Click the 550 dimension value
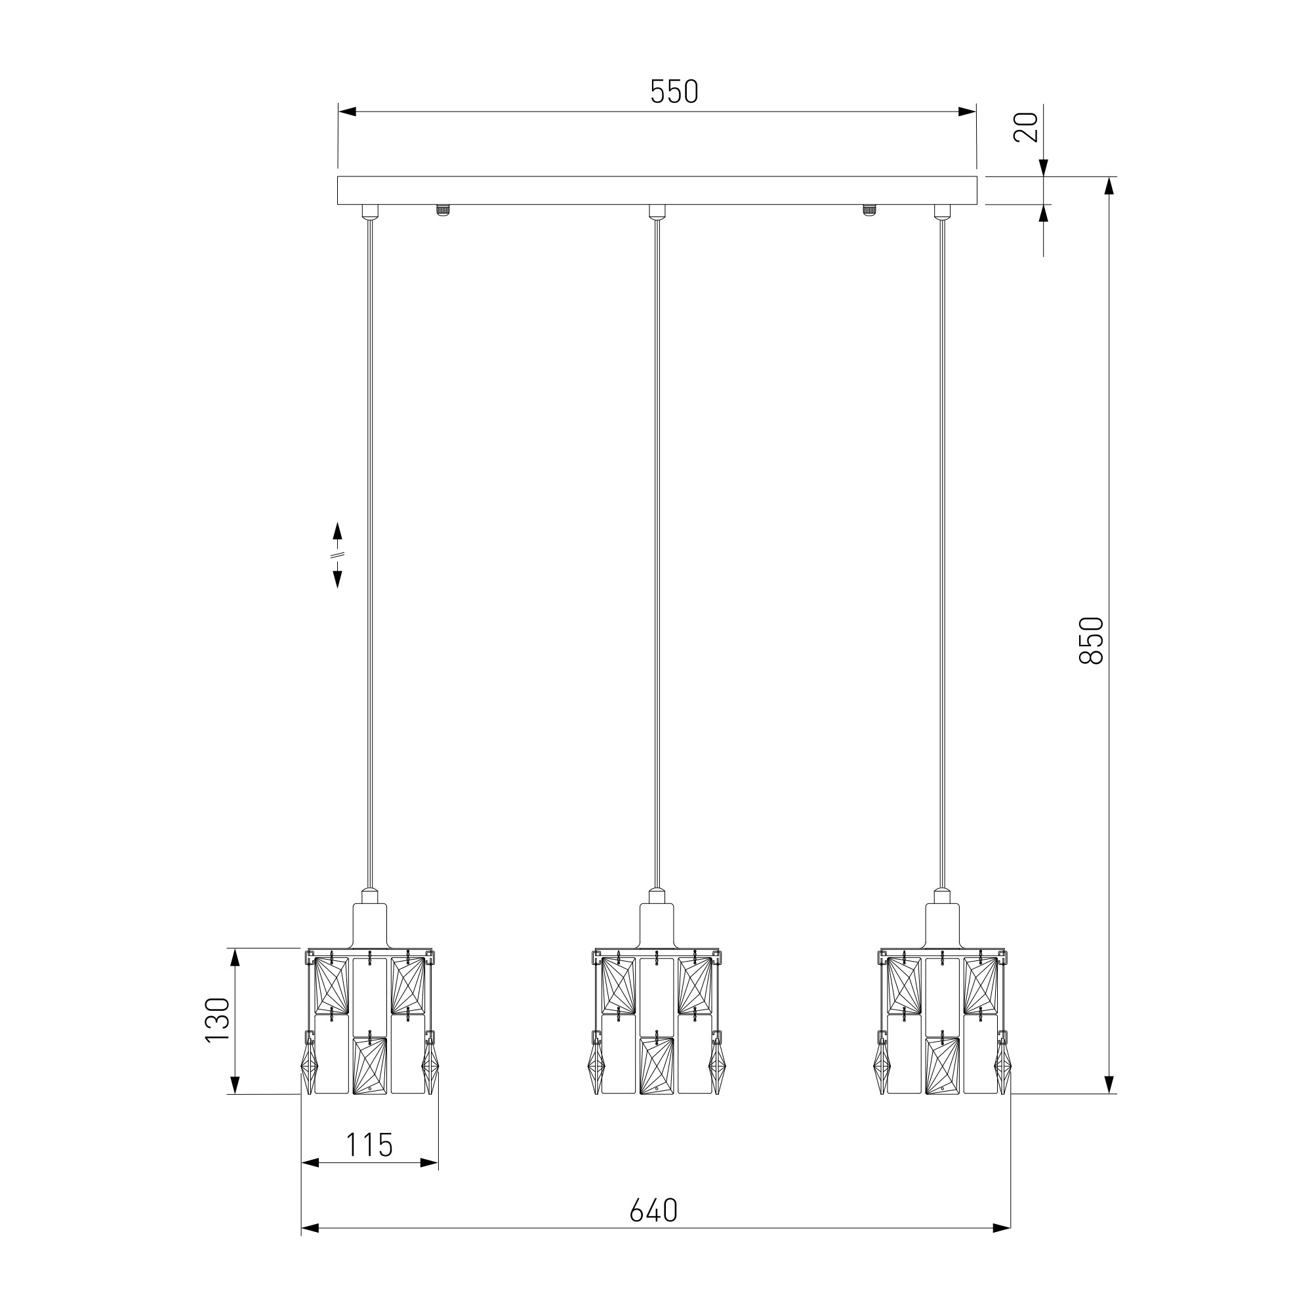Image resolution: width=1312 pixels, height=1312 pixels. point(674,92)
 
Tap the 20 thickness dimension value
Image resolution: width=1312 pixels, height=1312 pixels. point(1025,127)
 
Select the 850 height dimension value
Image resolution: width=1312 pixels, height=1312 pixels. point(1092,640)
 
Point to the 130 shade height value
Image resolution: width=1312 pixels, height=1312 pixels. point(218,1020)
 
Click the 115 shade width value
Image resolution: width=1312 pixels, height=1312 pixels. point(369,1145)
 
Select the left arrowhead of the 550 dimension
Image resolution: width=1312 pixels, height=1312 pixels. point(347,112)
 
